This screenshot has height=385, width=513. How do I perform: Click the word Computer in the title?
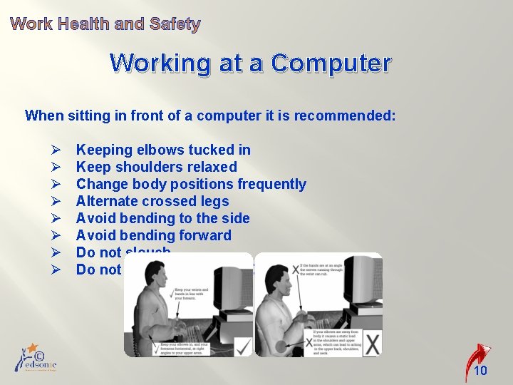pos(331,63)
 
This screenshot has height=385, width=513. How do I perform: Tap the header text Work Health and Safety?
pos(105,24)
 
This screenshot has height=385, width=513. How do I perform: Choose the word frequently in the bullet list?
pos(271,184)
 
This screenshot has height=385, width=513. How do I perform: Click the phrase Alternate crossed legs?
pos(152,201)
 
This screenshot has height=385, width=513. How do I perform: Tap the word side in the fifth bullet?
pos(234,218)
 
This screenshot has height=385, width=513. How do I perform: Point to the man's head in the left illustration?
pos(154,275)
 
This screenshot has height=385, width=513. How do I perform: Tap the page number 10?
pos(481,371)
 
